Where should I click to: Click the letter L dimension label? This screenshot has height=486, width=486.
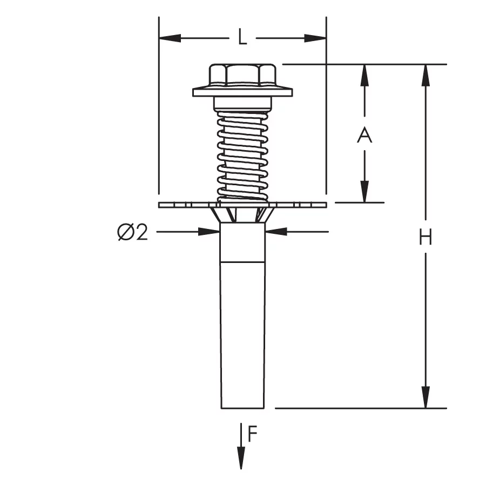click(242, 37)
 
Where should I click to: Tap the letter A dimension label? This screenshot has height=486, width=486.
click(364, 135)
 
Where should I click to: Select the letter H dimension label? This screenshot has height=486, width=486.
click(426, 237)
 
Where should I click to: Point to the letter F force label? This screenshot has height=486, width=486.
click(253, 434)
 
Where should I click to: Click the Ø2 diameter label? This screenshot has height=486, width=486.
click(132, 232)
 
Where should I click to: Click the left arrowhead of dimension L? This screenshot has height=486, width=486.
click(170, 38)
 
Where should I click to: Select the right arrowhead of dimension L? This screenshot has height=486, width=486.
click(315, 38)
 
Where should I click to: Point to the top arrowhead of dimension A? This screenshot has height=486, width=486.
click(364, 75)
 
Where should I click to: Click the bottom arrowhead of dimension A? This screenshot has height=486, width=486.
click(364, 192)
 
